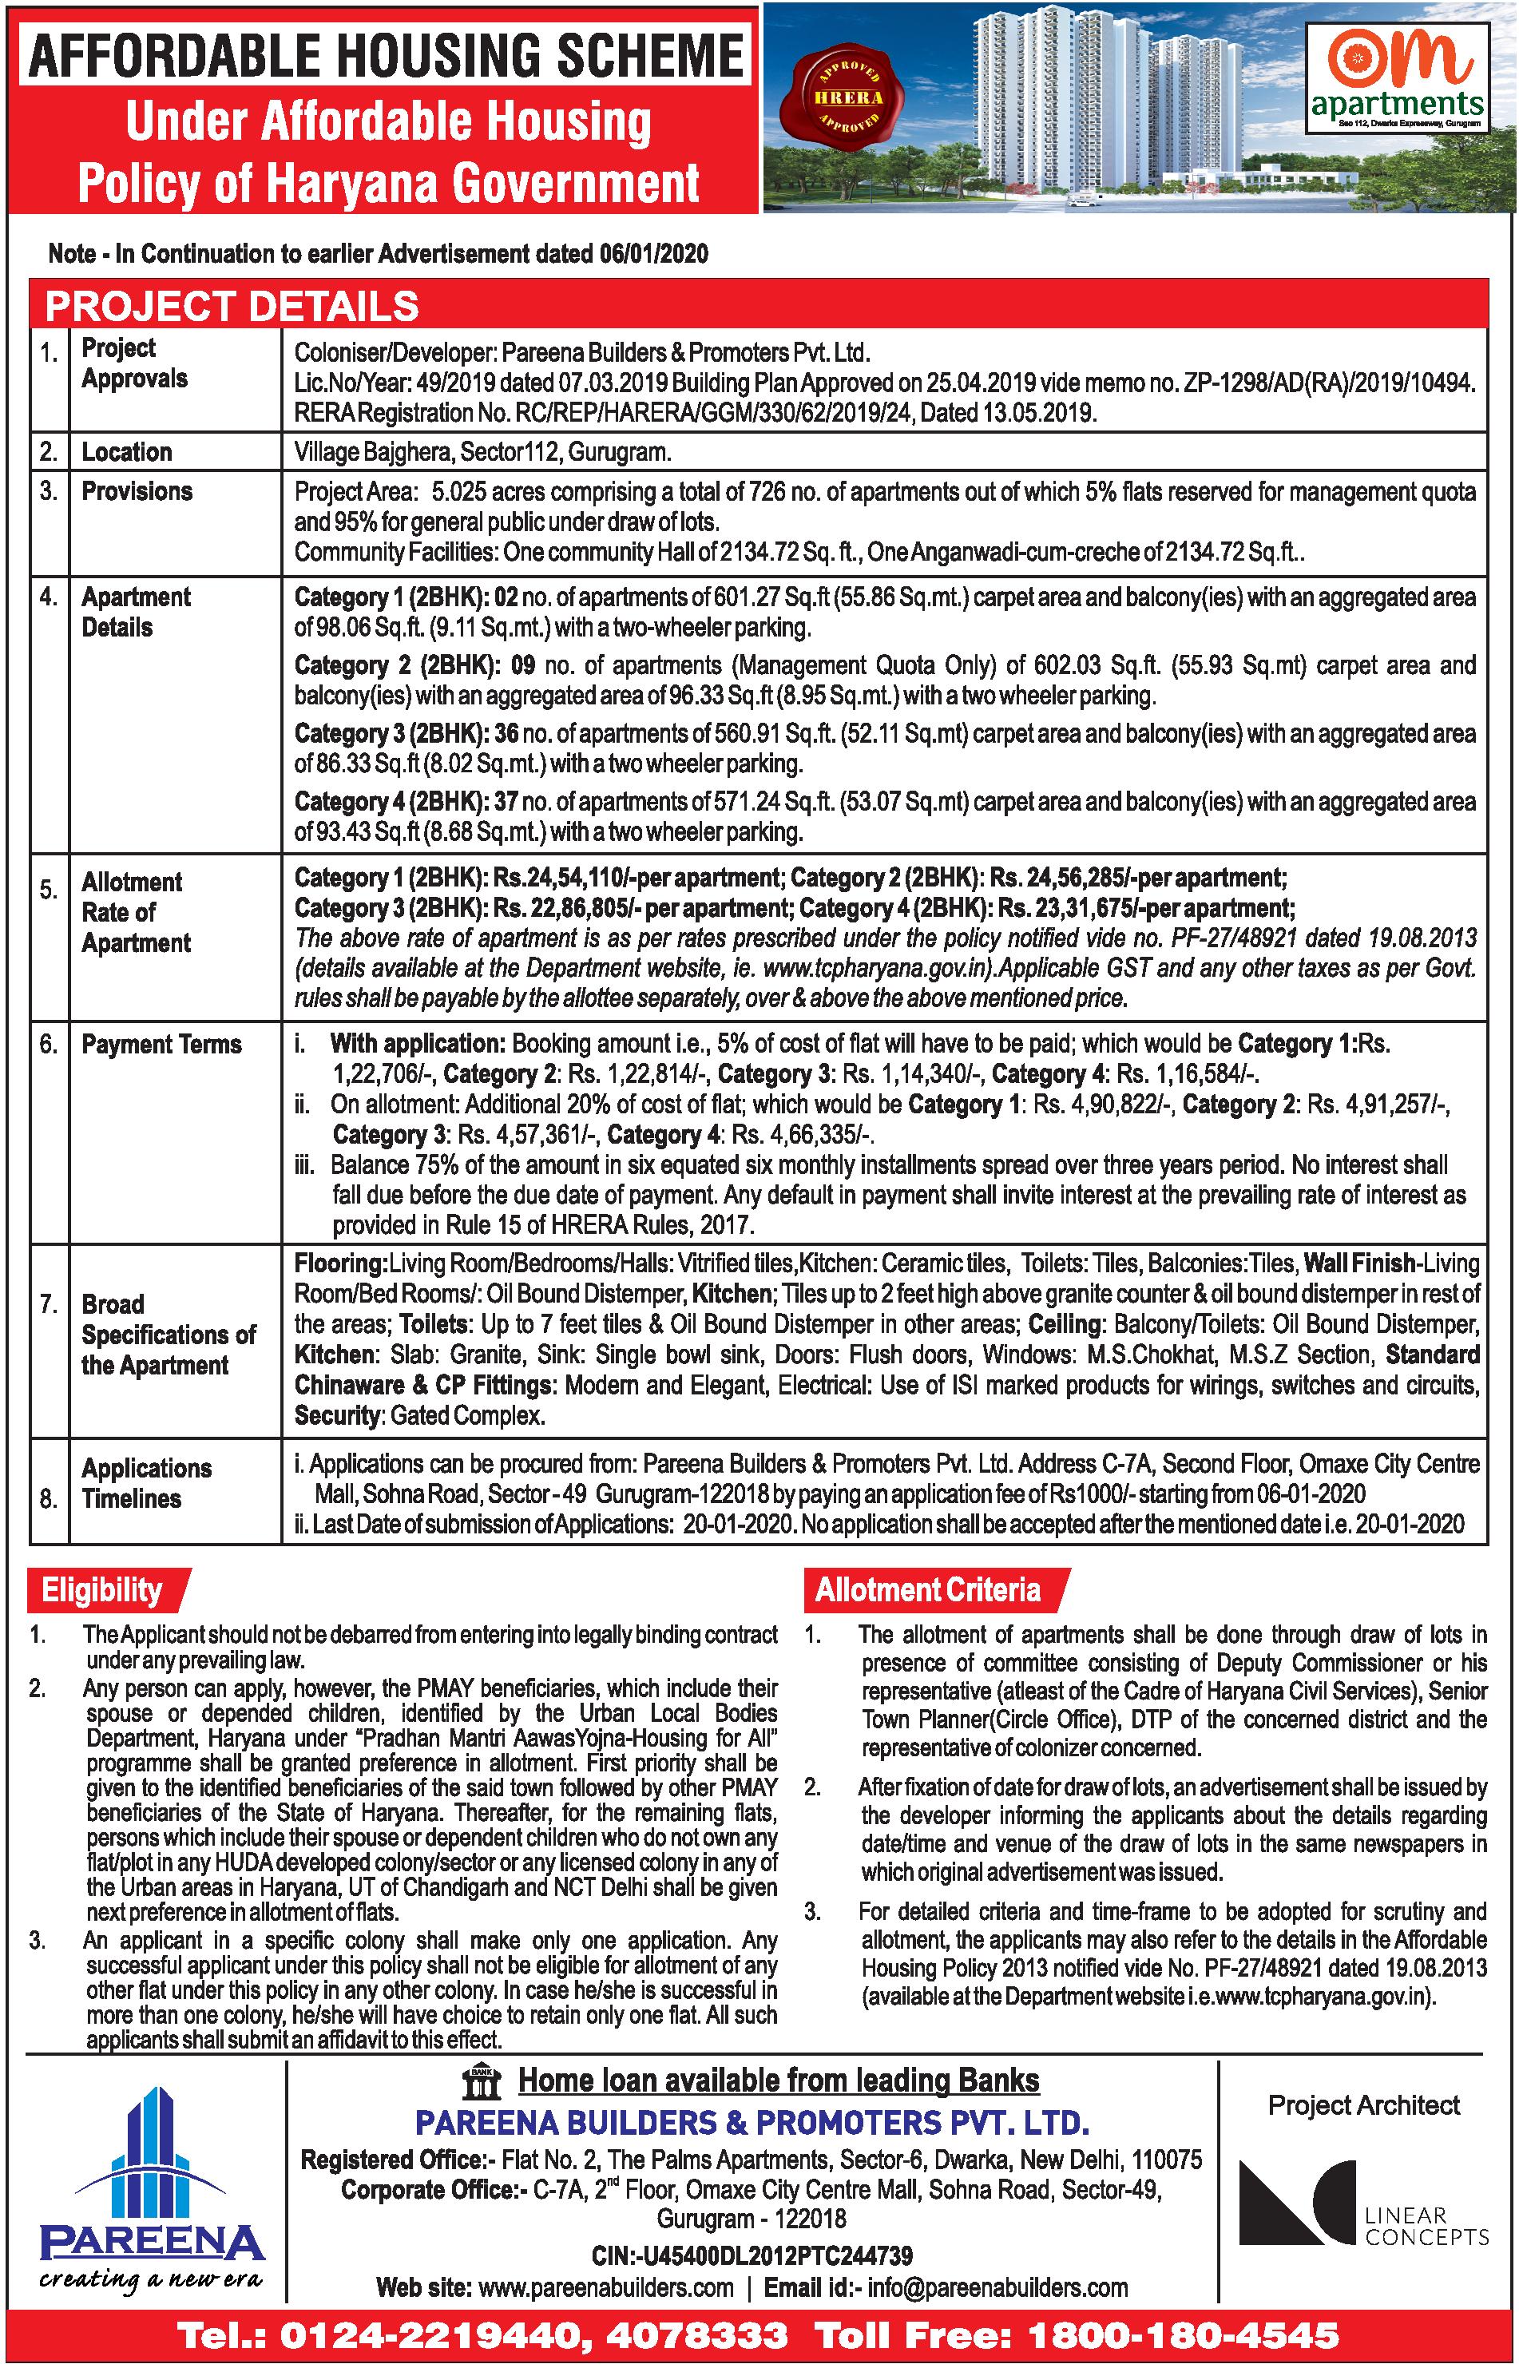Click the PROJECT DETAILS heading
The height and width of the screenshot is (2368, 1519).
coord(232,307)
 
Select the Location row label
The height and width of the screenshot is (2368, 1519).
coord(126,452)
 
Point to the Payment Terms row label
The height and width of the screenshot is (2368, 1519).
coord(161,1045)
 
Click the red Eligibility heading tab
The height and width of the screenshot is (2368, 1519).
coord(101,1590)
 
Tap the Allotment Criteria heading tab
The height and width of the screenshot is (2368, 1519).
coord(928,1590)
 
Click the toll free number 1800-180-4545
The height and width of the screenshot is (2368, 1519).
coord(1184,2335)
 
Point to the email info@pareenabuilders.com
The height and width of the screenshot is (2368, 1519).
coord(997,2287)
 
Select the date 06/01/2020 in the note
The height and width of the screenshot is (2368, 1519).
coord(653,253)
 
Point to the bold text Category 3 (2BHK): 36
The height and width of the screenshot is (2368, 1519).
coord(407,734)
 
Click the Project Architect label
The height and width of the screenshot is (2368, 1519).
coord(1363,2106)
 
